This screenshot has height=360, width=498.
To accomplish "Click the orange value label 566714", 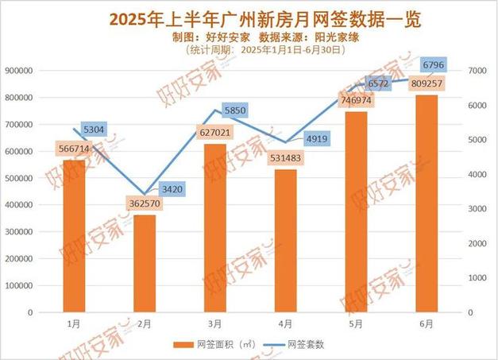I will coord(74,148).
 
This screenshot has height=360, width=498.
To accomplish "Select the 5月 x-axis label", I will coord(356,323).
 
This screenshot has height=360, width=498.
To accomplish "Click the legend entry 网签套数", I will coord(297,345).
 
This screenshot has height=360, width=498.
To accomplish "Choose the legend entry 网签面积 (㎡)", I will coord(217,345).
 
